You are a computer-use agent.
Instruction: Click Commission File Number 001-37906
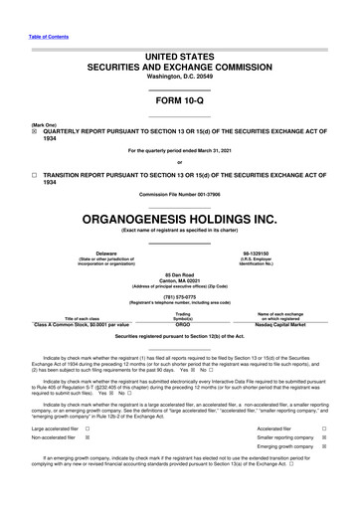coord(179,193)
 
